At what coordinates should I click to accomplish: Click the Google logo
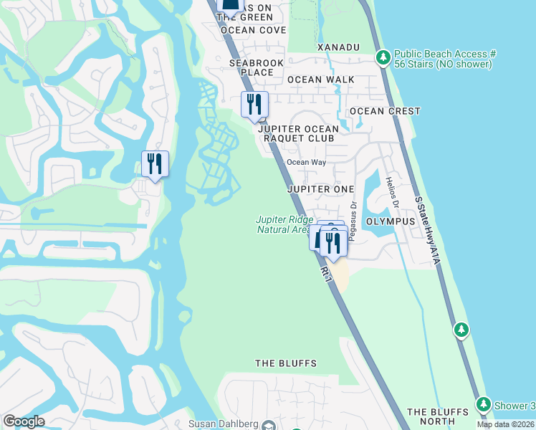coord(24,421)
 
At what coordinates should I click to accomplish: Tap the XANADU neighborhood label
coord(338,47)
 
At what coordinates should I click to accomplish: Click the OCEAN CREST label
coord(385,111)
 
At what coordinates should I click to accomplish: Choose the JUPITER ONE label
coord(321,189)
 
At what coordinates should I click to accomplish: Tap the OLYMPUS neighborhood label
coord(391,221)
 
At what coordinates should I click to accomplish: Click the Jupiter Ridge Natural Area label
coord(285,224)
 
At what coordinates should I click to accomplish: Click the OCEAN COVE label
coord(254,30)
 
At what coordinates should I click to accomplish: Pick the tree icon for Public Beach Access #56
coord(383,56)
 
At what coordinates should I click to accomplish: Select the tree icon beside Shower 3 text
coord(484,405)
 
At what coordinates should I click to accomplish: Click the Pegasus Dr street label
coord(353,214)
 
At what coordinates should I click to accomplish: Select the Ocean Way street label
coord(307,162)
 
